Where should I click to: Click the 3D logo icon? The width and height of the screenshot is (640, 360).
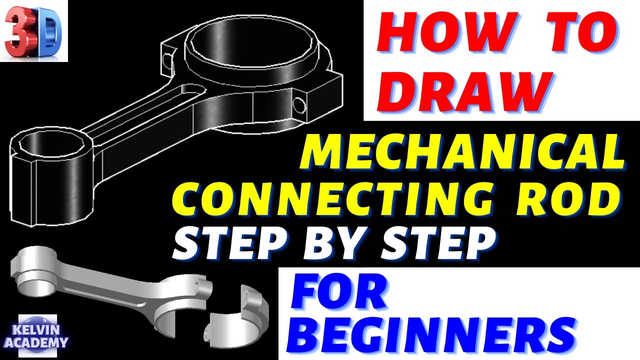click(x=33, y=31)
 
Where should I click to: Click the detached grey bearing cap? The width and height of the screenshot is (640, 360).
click(x=238, y=315)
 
